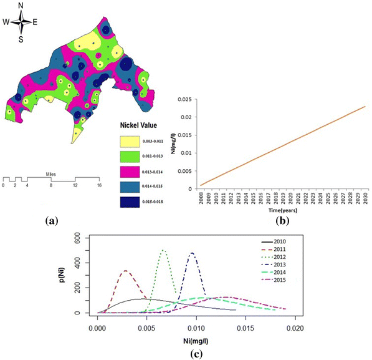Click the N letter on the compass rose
(x=22, y=6)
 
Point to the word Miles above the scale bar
(x=51, y=174)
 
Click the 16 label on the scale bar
(x=98, y=186)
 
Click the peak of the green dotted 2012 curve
(x=163, y=250)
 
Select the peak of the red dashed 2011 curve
(x=126, y=271)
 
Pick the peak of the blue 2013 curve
(x=192, y=253)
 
